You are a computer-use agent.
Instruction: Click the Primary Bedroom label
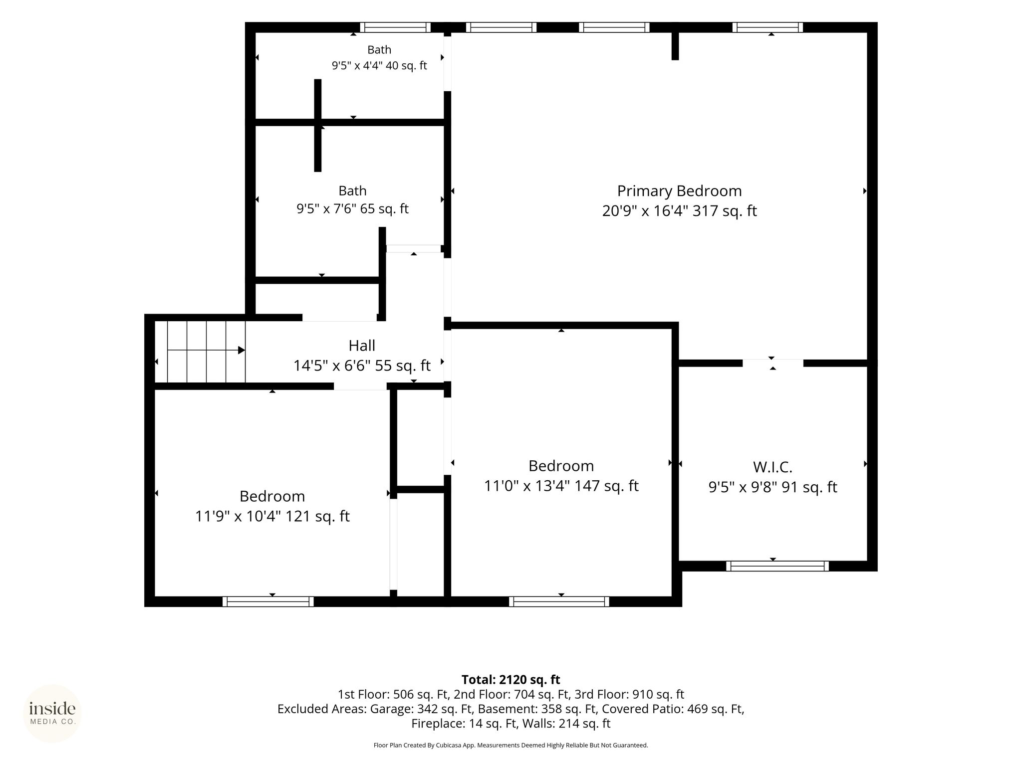[x=679, y=191]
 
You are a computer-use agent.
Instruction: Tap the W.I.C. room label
[x=772, y=467]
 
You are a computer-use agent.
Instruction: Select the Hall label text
[x=362, y=346]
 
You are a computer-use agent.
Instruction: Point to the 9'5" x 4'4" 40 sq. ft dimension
[x=379, y=66]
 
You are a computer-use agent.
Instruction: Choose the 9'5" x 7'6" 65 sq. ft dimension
[x=352, y=208]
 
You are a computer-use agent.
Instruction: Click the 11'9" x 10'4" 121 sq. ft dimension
[x=272, y=516]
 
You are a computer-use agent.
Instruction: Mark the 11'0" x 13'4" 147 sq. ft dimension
[x=561, y=486]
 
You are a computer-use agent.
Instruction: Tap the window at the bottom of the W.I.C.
[x=777, y=566]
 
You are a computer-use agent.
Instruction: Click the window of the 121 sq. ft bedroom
[x=268, y=601]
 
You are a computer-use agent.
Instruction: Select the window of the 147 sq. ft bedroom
[x=559, y=601]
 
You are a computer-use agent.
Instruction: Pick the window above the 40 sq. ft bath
[x=395, y=27]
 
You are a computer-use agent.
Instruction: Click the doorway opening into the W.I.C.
[x=773, y=363]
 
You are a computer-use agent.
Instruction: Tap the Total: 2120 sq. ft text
[x=511, y=680]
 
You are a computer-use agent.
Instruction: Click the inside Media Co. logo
[x=52, y=713]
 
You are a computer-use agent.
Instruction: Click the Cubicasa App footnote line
[x=511, y=745]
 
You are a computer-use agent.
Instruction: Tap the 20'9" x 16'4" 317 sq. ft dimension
[x=679, y=211]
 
